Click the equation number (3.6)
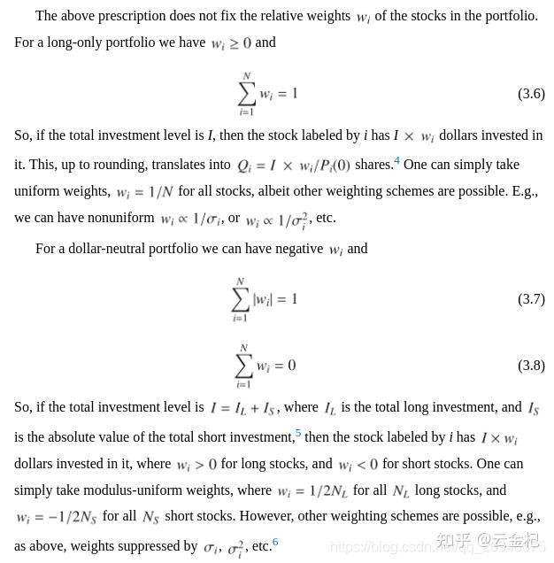coord(531,94)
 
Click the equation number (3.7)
coord(531,299)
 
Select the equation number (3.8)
coord(531,366)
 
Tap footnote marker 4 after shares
coord(397,161)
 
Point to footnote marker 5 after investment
coord(298,434)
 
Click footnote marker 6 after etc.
coord(275,542)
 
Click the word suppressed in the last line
coord(167,546)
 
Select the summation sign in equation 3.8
coord(244,365)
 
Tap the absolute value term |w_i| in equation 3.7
coord(263,299)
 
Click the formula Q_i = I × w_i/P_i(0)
coord(293,166)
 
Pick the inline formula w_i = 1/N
coord(144,192)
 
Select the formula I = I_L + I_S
coord(242,409)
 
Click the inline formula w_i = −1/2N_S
coord(55,518)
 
